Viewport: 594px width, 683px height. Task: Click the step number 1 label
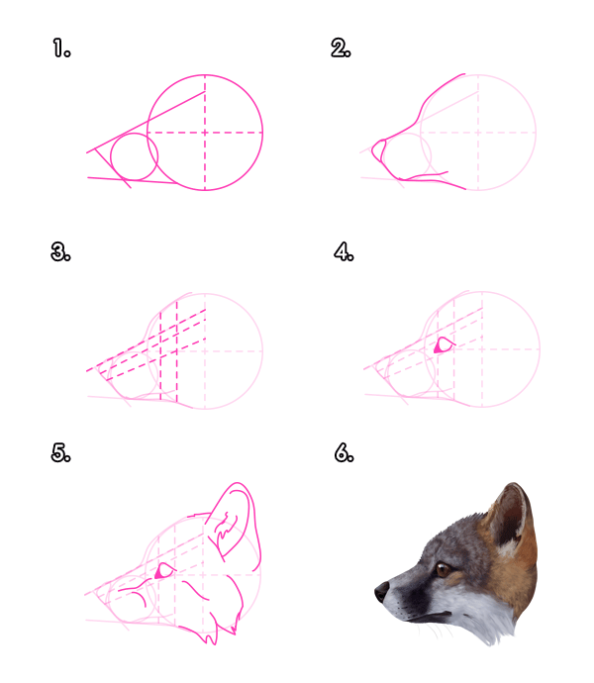coord(61,48)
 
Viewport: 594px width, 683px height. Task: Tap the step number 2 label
coord(342,48)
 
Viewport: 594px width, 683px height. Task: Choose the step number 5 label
coord(61,453)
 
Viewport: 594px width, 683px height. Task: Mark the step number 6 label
coord(343,453)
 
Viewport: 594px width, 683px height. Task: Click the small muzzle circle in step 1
coord(135,158)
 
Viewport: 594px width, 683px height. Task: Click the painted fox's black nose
coord(381,592)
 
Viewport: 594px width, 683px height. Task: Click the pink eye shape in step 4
coord(443,345)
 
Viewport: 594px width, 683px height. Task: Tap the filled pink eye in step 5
coord(162,571)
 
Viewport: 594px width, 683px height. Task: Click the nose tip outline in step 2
coord(376,151)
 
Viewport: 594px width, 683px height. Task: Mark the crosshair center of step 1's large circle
coord(205,132)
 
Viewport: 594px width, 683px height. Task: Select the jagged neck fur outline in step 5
coord(230,624)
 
